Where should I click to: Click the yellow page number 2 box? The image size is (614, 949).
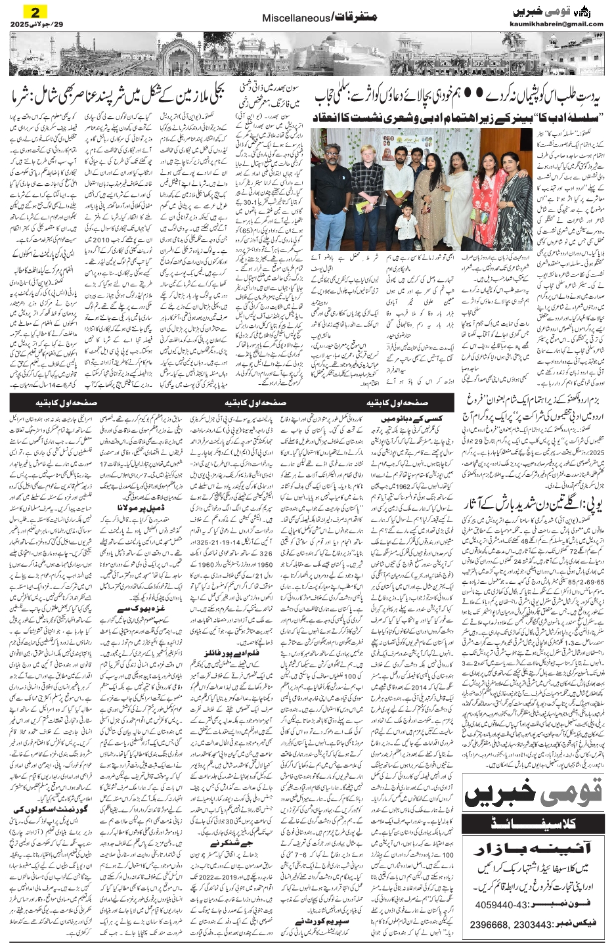(31, 11)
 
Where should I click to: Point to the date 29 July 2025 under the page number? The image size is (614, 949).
(29, 24)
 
